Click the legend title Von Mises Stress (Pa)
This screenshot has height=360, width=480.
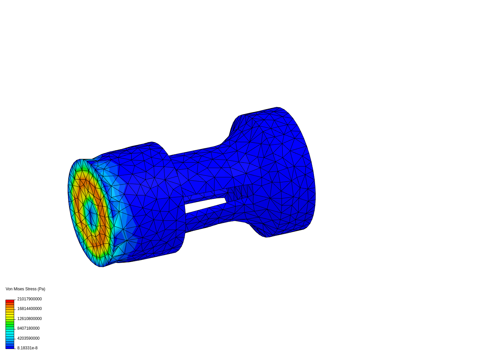(x=25, y=289)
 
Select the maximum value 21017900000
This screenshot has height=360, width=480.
(x=29, y=299)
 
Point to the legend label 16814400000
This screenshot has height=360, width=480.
(x=29, y=309)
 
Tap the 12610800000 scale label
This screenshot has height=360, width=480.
(x=29, y=319)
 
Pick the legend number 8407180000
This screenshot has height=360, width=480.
(x=28, y=328)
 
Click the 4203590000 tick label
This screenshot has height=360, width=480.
(x=28, y=338)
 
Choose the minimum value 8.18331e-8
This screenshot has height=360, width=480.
(x=27, y=348)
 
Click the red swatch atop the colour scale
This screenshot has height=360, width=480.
(x=10, y=301)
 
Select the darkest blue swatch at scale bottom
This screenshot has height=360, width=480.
(x=10, y=347)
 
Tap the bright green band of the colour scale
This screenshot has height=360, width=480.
(x=10, y=323)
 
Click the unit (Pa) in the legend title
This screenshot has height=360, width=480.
(x=41, y=289)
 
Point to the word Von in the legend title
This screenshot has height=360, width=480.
(x=9, y=289)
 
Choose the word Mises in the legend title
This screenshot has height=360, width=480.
(x=19, y=289)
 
